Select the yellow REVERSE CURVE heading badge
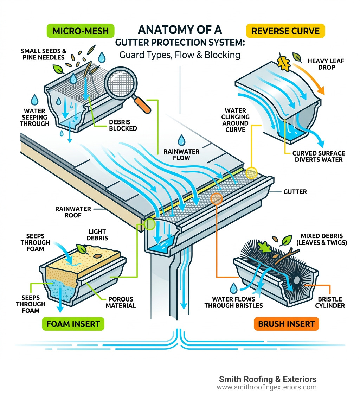point(286,31)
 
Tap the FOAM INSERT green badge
point(73,324)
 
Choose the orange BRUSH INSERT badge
point(286,324)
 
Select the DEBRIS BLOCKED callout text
point(123,125)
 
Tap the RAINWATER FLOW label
point(181,155)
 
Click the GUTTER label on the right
point(295,192)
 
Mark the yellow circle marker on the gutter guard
point(252,173)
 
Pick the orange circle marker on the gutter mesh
point(216,198)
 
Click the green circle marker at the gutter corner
point(150,224)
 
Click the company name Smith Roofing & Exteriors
point(268,379)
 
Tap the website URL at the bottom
point(266,387)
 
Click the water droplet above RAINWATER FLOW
point(181,140)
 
